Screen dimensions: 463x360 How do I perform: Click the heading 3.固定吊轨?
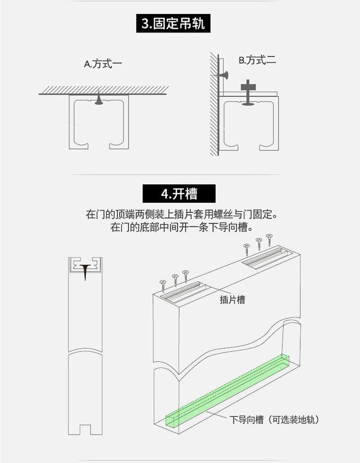[173, 23]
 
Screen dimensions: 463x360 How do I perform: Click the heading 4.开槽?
[179, 194]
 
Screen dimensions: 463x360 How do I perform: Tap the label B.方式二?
[257, 60]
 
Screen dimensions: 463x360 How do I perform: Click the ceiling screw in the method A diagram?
[99, 100]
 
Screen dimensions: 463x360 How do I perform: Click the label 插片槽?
[233, 300]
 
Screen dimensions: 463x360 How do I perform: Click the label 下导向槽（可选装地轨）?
[274, 420]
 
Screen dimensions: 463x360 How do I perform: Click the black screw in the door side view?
[85, 272]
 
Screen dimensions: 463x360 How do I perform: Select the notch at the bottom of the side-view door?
[85, 431]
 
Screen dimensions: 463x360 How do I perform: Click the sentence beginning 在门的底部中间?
[180, 226]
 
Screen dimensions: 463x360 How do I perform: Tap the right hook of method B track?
[265, 145]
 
